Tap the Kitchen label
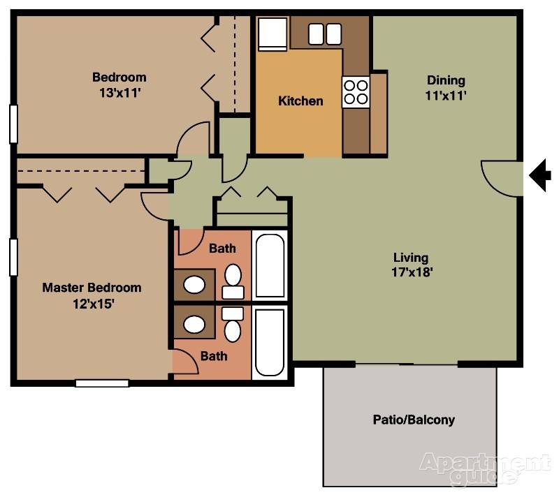tap(300, 101)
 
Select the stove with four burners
tap(356, 92)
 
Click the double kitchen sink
tap(324, 34)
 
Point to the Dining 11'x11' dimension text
tap(446, 96)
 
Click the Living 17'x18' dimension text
tap(412, 272)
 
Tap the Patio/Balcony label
tap(414, 420)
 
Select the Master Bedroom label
tap(92, 288)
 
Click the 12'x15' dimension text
tap(94, 304)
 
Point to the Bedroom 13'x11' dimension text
tap(119, 93)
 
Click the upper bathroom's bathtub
tap(270, 266)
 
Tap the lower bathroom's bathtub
tap(270, 342)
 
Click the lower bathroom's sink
tap(194, 325)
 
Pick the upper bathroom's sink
tap(194, 285)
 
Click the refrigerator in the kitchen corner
tap(273, 34)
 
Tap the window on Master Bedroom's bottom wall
tap(102, 383)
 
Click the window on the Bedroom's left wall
tap(13, 124)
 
